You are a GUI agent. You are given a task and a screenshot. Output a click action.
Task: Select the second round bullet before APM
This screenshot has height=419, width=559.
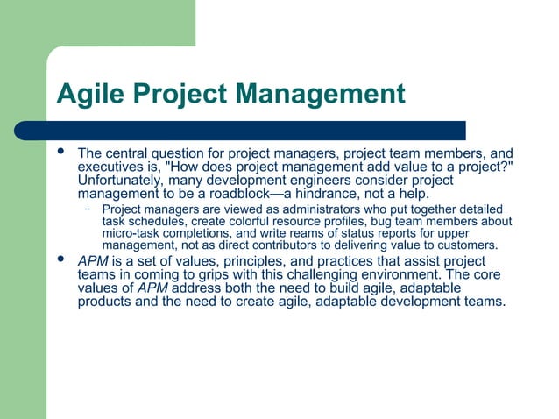[x=60, y=260]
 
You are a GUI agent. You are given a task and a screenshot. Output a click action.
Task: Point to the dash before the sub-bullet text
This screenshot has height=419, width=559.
[x=88, y=209]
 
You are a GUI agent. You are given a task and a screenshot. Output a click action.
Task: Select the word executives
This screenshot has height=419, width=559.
[x=110, y=167]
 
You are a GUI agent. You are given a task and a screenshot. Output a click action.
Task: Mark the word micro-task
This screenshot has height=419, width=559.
[x=131, y=233]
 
